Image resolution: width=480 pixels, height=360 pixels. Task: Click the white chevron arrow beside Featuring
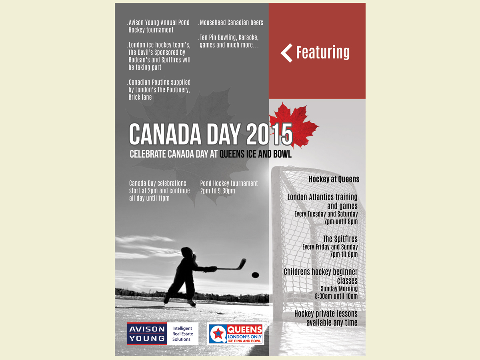click(x=286, y=53)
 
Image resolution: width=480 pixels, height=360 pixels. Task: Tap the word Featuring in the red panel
click(x=323, y=52)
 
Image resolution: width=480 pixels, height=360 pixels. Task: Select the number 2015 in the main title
click(x=269, y=134)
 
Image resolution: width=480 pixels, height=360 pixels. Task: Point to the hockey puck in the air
click(x=255, y=275)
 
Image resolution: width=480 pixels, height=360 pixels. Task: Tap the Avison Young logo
click(x=146, y=334)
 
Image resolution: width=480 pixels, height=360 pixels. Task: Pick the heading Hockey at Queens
click(x=334, y=179)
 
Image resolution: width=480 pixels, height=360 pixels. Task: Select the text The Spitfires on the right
click(x=340, y=239)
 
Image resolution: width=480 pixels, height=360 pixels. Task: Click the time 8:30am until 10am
click(x=336, y=296)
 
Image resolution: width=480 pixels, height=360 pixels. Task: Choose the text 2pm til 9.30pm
click(x=218, y=191)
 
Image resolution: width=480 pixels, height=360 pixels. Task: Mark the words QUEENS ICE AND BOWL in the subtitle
click(x=256, y=154)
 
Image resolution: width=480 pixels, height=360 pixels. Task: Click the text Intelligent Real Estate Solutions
click(x=182, y=334)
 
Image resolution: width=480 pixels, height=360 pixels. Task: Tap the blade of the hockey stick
click(x=242, y=263)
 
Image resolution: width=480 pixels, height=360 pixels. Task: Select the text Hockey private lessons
click(x=326, y=314)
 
